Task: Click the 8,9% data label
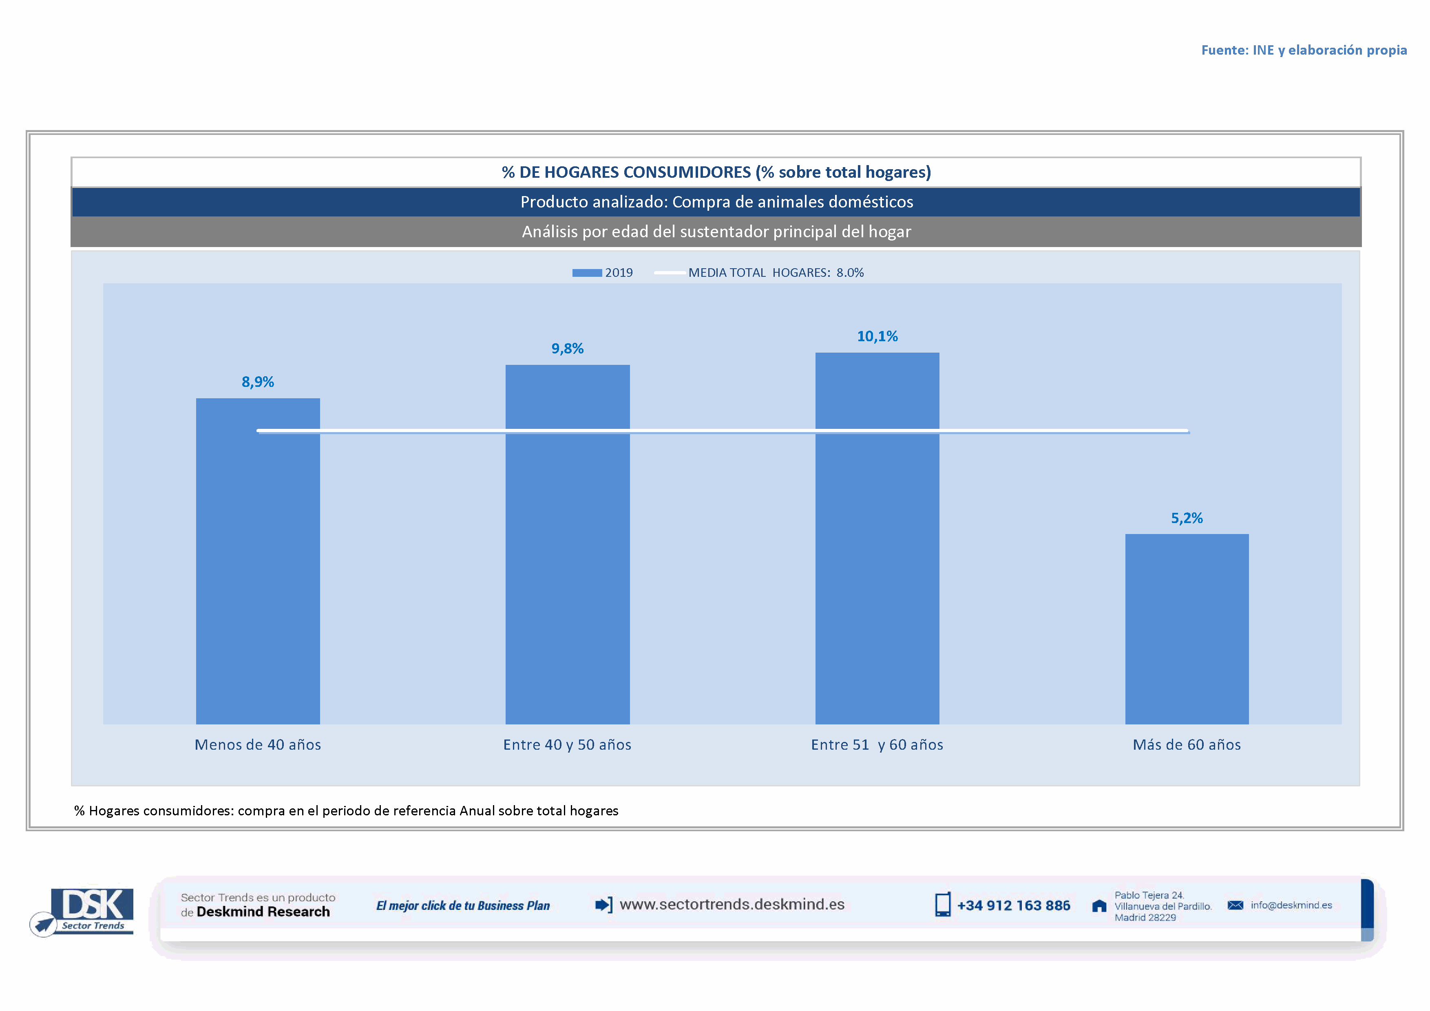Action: (258, 382)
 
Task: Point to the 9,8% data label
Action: (567, 349)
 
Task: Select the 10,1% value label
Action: (877, 336)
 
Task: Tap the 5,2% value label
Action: (1187, 518)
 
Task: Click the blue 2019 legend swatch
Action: (587, 273)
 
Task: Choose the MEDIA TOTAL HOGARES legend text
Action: (776, 273)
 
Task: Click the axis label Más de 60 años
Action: (1187, 744)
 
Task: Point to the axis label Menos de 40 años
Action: (258, 744)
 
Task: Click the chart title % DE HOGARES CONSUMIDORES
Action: (716, 172)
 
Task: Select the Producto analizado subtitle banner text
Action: (716, 202)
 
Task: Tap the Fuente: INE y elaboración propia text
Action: (1304, 50)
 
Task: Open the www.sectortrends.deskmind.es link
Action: (732, 905)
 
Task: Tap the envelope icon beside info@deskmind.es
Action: (1235, 905)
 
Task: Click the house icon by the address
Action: (1099, 906)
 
